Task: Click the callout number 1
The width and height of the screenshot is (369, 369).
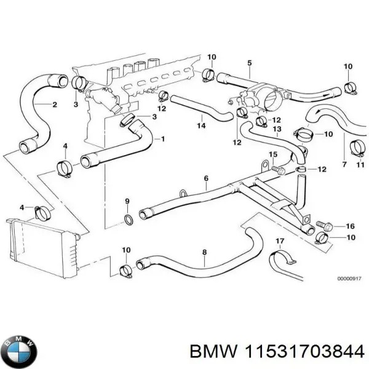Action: [162, 139]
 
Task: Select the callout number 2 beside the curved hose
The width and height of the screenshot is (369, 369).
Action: [55, 105]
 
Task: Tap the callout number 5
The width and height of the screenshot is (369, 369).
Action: [250, 63]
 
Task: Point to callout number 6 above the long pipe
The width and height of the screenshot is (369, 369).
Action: [206, 179]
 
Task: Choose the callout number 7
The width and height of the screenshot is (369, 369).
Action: [344, 165]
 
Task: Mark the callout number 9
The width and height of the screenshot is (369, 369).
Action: [127, 201]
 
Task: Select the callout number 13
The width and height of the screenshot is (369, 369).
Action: [277, 129]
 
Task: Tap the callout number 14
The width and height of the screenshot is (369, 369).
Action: [200, 126]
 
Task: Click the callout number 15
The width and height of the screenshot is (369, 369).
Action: [274, 154]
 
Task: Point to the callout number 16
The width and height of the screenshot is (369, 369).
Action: [351, 226]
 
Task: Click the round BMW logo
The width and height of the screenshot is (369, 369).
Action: [21, 351]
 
